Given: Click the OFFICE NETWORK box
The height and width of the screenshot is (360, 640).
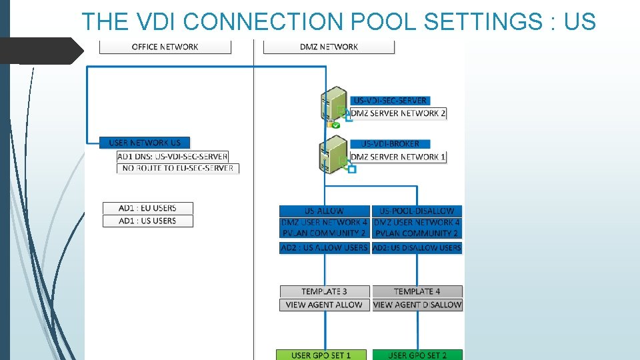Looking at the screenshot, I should point(165,47).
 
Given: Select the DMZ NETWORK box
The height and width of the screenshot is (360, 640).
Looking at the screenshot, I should point(329,47).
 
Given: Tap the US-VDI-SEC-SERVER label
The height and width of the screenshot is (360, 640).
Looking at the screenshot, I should point(390,101).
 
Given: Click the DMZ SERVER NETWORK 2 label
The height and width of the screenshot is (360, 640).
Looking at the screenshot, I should point(398,113).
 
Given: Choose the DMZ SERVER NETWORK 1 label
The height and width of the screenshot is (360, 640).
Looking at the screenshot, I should point(398,157).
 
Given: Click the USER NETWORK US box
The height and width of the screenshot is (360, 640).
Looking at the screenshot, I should point(145,143).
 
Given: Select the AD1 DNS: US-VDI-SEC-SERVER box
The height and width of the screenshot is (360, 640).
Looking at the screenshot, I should point(173,156).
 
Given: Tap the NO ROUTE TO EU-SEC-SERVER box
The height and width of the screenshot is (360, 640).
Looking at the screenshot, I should point(178,168).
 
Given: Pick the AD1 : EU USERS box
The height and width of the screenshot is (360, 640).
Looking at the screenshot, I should point(147,208).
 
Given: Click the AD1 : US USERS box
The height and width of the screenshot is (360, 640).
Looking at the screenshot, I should point(147,221).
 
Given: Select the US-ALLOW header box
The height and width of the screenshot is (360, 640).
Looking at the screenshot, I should point(324,211).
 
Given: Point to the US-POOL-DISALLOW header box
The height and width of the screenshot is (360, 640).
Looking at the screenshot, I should point(417,211).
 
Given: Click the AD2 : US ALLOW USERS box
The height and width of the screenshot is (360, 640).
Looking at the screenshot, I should point(324,247).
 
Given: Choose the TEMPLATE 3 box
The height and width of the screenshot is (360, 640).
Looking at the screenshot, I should point(324,291).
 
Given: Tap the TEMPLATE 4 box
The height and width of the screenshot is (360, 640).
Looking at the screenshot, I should point(417,291).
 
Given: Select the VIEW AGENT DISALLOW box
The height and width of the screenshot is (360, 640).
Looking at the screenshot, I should point(417,305).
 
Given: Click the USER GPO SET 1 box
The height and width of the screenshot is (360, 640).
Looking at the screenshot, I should point(321,355).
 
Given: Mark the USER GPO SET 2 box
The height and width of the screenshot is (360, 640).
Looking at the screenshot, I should point(417,355).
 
